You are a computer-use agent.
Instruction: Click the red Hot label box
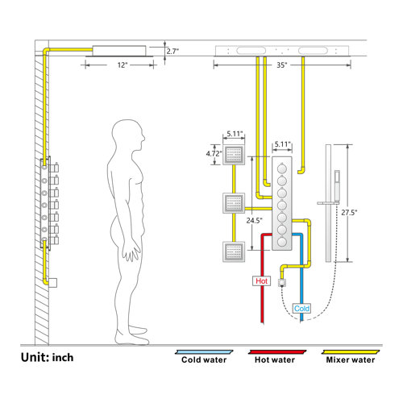click(261, 282)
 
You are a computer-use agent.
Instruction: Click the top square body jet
click(235, 155)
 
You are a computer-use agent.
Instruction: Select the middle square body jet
click(235, 203)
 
